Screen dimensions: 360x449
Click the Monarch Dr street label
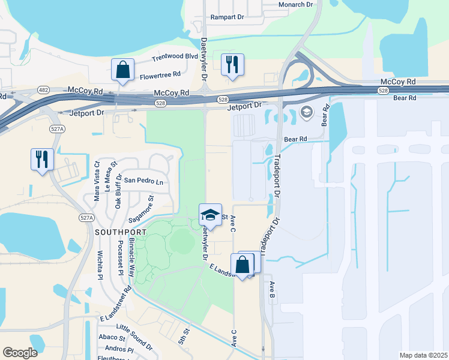pyautogui.click(x=296, y=4)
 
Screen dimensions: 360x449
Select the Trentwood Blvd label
pyautogui.click(x=175, y=57)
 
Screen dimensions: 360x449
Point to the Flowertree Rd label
pyautogui.click(x=160, y=75)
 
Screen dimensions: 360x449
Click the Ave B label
pyautogui.click(x=271, y=290)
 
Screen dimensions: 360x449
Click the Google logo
pyautogui.click(x=20, y=353)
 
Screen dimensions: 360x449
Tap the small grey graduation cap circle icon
pyautogui.click(x=306, y=112)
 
